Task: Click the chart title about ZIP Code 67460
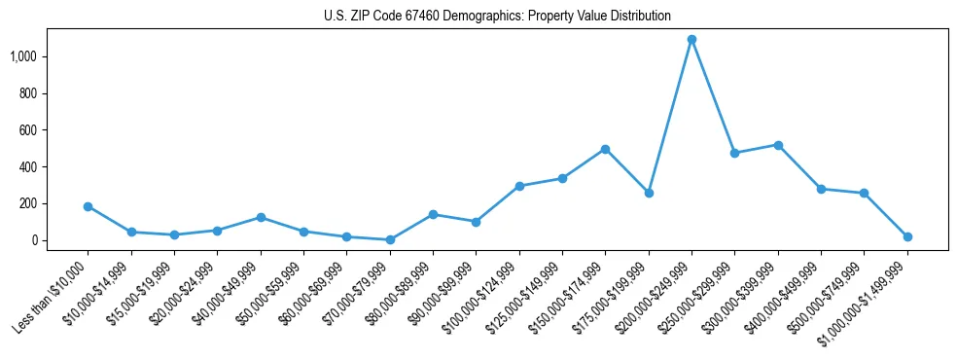[497, 16]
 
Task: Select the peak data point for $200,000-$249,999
[691, 40]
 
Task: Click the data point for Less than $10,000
[88, 206]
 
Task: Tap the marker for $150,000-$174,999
[605, 149]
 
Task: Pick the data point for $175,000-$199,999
[649, 193]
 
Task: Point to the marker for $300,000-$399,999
[778, 145]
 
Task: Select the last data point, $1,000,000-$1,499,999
[907, 236]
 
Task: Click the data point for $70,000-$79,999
[390, 239]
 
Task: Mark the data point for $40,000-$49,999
[261, 217]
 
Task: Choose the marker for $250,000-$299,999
[734, 153]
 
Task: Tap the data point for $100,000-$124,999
[519, 186]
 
